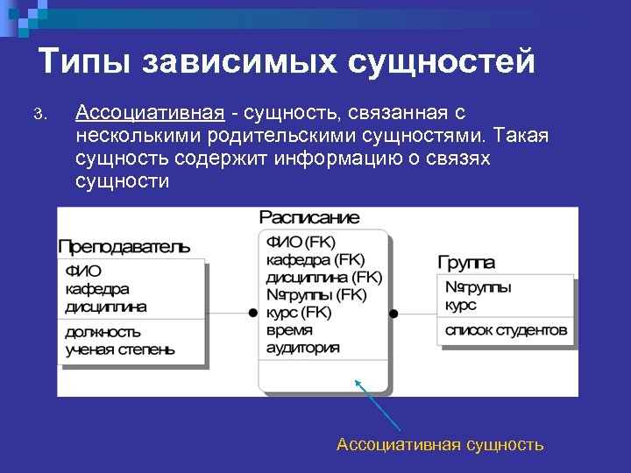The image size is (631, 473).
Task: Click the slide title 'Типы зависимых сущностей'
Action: [x=287, y=62]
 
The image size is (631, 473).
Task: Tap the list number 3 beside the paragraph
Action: [x=38, y=115]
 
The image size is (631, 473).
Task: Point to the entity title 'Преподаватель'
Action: [x=124, y=245]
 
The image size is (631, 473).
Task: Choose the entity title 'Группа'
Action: [x=465, y=262]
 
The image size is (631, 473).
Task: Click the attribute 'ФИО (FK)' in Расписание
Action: [x=301, y=243]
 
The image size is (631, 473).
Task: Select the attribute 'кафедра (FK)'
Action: [x=314, y=260]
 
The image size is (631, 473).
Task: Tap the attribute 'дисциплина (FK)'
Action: [x=323, y=277]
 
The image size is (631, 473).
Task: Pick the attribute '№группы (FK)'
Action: [x=315, y=294]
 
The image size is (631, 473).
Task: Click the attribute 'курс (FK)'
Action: [x=299, y=312]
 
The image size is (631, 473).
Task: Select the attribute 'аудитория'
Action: [x=302, y=347]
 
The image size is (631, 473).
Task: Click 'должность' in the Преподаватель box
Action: [x=103, y=332]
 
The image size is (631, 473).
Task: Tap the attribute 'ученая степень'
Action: [x=119, y=349]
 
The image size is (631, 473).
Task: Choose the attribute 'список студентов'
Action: [x=506, y=331]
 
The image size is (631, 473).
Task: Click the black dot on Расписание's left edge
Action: [x=252, y=313]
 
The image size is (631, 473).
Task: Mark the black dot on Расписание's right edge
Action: [x=394, y=313]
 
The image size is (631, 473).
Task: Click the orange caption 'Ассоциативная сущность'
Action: [x=440, y=445]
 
